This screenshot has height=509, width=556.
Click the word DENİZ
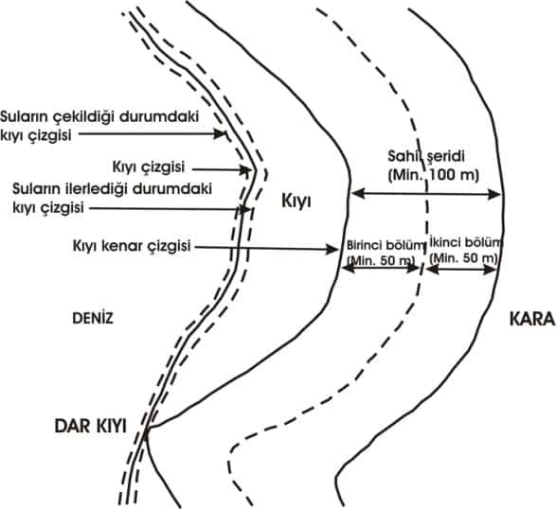(93, 318)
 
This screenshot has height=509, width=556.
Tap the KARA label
(532, 319)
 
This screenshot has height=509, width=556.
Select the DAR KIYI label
(90, 426)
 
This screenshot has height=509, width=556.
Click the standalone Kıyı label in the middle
(296, 202)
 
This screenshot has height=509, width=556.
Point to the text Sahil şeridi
(426, 156)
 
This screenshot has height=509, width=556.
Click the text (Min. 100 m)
(433, 175)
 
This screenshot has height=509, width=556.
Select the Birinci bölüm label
(386, 244)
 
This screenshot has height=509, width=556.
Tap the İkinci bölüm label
(466, 243)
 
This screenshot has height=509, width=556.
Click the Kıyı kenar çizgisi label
(132, 246)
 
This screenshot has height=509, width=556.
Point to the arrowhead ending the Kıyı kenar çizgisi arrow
(332, 250)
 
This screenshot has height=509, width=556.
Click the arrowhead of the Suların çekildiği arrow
(219, 134)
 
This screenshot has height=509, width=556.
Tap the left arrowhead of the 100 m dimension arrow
(358, 194)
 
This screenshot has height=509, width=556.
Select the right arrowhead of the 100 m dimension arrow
(493, 195)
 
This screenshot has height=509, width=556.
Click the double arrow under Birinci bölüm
(382, 268)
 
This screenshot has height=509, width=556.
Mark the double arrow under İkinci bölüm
(461, 270)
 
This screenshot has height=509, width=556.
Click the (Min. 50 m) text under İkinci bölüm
(463, 259)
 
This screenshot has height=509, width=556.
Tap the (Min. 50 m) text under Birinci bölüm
(381, 260)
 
